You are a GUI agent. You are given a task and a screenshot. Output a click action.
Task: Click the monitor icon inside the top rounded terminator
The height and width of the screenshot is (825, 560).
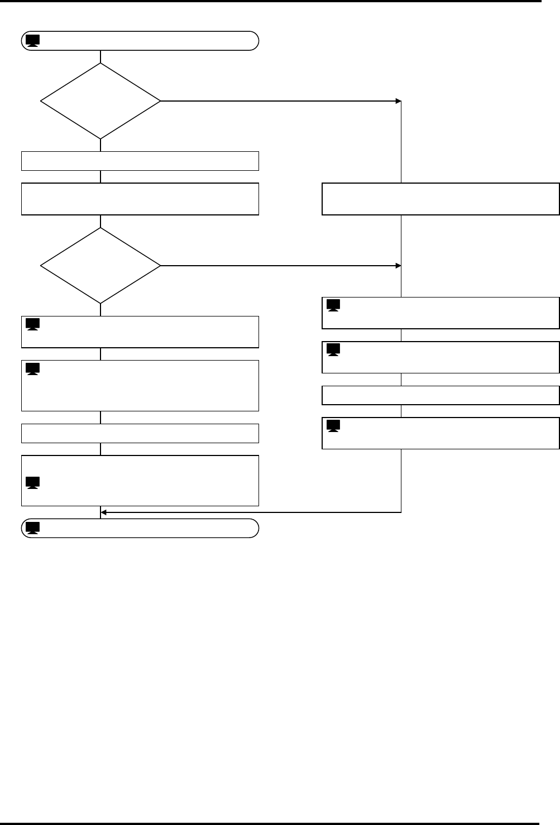(x=32, y=41)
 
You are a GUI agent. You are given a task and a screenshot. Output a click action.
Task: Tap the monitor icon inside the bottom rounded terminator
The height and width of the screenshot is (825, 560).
(x=32, y=527)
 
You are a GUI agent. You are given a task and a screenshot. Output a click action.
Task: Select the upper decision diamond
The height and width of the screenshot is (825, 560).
(x=100, y=101)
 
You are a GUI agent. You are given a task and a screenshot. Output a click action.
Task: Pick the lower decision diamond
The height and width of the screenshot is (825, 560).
(x=100, y=265)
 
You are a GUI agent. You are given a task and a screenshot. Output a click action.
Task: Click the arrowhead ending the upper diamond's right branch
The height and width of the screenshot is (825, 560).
(x=399, y=101)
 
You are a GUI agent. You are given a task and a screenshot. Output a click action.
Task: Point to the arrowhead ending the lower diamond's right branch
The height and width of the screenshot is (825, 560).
(x=399, y=265)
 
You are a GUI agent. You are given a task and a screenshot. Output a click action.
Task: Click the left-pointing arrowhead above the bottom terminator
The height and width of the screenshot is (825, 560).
(x=104, y=512)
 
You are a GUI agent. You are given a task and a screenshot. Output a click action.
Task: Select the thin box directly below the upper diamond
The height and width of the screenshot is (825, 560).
(x=140, y=161)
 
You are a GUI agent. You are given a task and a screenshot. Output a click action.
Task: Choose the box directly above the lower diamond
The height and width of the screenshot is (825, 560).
(x=140, y=199)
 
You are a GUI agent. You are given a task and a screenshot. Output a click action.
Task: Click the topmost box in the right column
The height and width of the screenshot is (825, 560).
(x=441, y=199)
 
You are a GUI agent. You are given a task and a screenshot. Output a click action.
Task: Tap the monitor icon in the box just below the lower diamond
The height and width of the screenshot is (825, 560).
(x=32, y=324)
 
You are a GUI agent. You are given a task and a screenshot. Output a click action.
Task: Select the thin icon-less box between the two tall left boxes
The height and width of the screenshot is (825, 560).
(x=140, y=434)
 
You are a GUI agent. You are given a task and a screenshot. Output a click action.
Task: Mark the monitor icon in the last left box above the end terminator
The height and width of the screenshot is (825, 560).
(x=32, y=483)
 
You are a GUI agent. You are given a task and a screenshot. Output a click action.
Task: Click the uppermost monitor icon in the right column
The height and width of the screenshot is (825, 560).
(x=333, y=306)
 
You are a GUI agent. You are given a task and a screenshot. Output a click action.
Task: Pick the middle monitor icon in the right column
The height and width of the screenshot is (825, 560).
(x=333, y=350)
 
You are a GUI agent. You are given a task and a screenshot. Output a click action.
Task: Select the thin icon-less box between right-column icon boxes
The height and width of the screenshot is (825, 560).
(x=441, y=395)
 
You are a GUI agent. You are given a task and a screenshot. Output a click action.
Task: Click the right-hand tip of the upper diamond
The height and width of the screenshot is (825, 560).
(x=159, y=101)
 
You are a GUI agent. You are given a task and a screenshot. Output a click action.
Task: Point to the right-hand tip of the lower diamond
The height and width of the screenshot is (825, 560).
(x=159, y=265)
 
